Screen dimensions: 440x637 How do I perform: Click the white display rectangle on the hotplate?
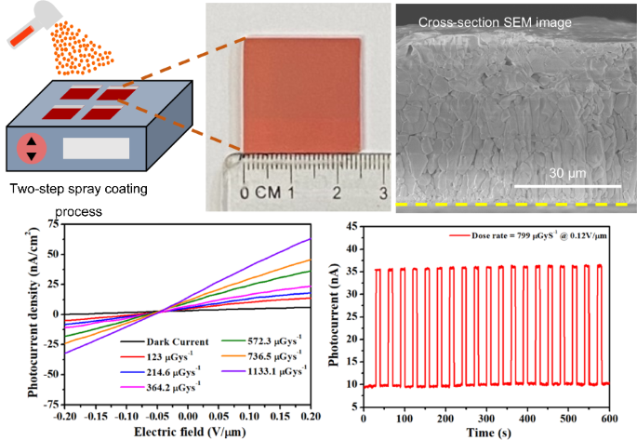[94, 147]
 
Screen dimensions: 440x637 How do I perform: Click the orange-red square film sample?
[301, 94]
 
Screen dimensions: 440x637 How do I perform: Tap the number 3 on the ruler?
[382, 193]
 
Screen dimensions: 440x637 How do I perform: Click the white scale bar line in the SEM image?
[564, 186]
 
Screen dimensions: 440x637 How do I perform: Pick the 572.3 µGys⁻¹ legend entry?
[273, 341]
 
